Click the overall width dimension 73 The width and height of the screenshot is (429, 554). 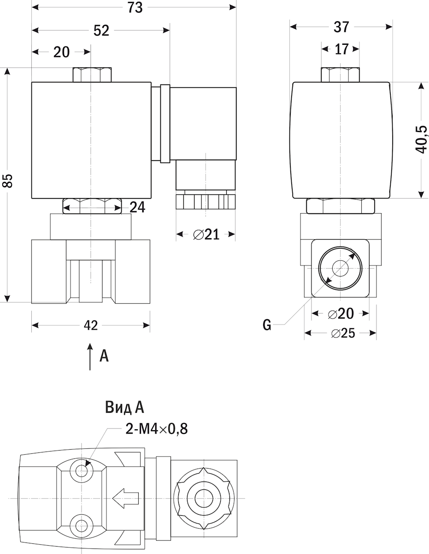135,8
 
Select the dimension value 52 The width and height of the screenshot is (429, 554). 101,30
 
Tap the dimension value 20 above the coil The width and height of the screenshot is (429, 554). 61,52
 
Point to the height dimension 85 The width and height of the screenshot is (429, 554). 8,181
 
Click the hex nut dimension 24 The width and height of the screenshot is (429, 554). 137,207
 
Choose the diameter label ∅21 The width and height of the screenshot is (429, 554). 206,235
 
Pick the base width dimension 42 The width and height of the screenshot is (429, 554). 91,325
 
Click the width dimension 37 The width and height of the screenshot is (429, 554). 341,27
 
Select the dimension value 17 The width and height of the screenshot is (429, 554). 341,49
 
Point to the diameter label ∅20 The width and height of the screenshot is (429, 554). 341,313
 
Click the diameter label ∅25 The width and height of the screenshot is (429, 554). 343,333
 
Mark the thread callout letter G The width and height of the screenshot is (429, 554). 267,325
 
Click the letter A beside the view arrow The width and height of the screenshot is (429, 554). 104,355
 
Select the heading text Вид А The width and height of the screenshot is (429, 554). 124,407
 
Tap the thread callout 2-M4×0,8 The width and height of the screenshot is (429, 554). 157,428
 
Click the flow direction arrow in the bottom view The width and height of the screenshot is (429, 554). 125,498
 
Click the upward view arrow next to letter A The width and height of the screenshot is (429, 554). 90,356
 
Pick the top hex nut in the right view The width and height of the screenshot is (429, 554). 341,75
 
